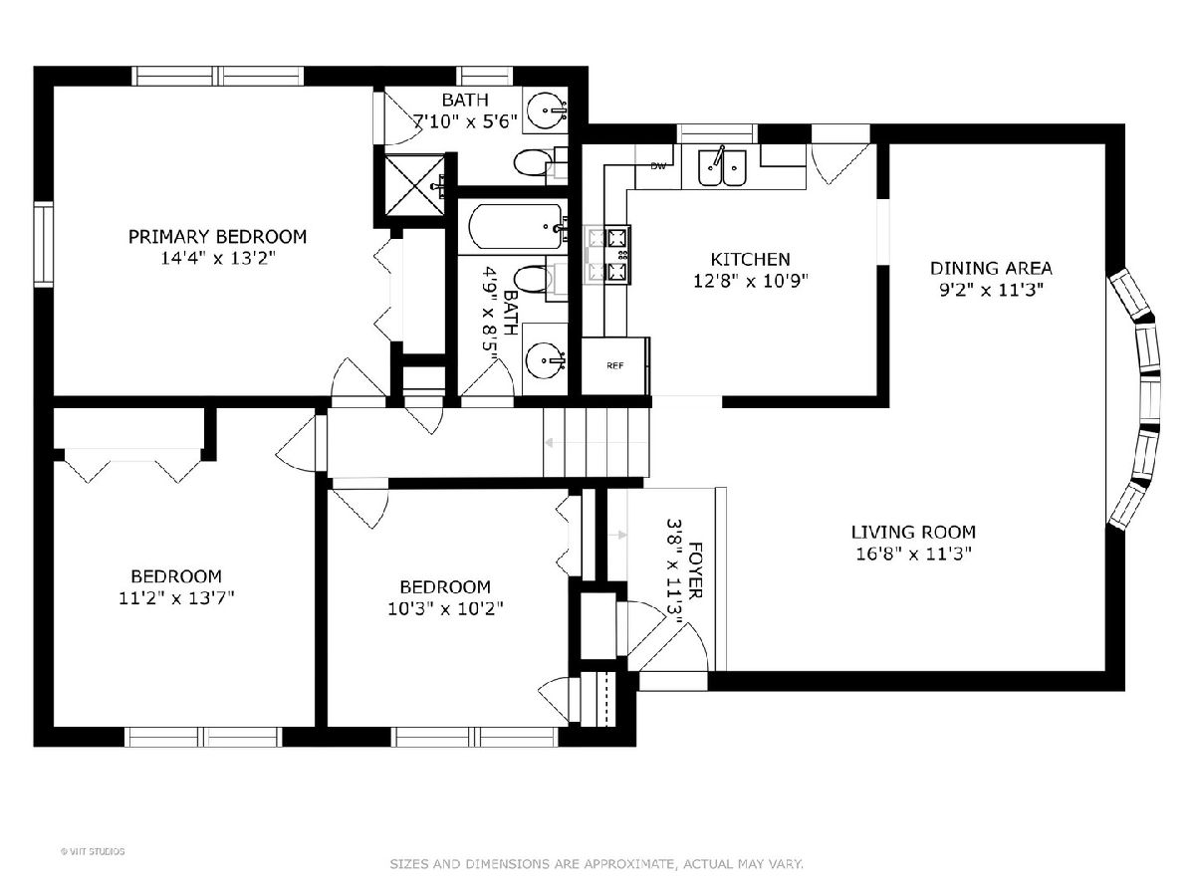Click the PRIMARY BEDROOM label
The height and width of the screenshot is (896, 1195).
click(x=217, y=237)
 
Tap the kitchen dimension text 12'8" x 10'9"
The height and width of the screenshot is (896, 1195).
click(x=750, y=281)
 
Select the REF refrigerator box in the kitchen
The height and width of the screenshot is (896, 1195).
click(x=615, y=365)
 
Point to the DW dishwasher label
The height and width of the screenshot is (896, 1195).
click(x=658, y=166)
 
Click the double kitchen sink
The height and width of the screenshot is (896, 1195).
click(x=722, y=167)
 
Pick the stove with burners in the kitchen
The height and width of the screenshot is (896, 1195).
click(x=608, y=255)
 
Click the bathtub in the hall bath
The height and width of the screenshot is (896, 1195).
click(x=515, y=226)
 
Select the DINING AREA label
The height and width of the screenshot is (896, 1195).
click(x=991, y=268)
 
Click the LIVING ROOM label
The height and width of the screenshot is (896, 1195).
click(x=913, y=532)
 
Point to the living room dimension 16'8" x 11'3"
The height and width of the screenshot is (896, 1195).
click(x=913, y=554)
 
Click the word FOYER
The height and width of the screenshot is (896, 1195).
click(x=695, y=569)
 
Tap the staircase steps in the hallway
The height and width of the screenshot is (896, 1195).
click(x=597, y=442)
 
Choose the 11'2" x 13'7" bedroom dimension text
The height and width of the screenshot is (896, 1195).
click(x=176, y=598)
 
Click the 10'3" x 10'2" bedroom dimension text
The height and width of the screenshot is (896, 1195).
click(x=445, y=608)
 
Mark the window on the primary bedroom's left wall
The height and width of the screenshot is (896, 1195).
click(x=44, y=244)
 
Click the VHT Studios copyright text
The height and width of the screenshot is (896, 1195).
click(x=93, y=851)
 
